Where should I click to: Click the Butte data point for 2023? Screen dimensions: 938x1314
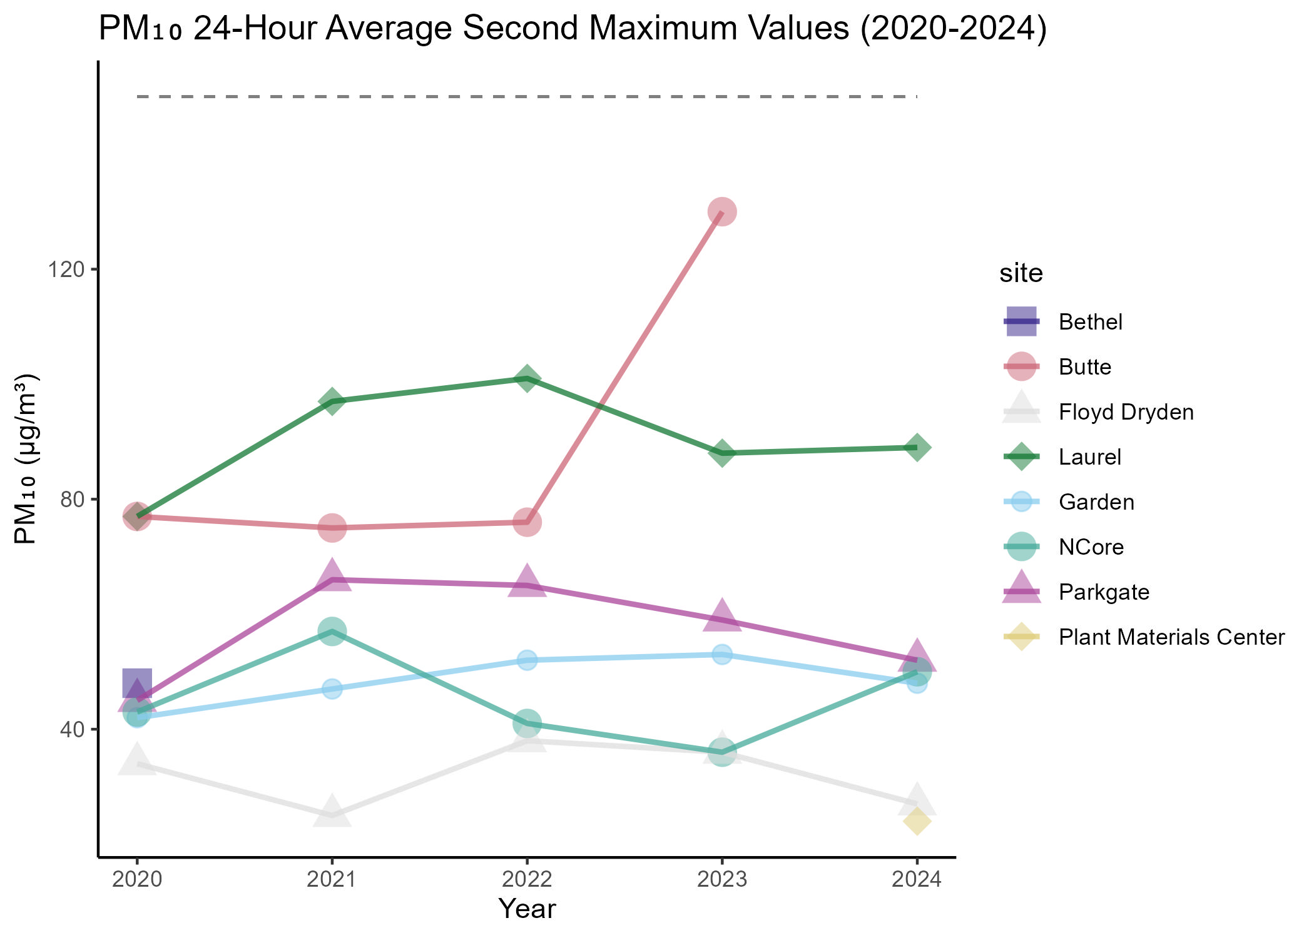coord(721,212)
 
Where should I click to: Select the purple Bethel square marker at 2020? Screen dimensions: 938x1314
coord(136,683)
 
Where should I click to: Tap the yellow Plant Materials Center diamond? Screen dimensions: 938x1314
coord(917,821)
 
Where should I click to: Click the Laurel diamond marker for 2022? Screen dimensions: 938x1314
coord(527,379)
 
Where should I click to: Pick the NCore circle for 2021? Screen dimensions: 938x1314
coord(332,632)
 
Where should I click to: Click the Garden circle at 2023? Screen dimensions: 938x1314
coord(721,655)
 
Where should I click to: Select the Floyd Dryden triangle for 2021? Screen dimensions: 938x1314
coord(332,812)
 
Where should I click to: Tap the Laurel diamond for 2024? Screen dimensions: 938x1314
coord(917,448)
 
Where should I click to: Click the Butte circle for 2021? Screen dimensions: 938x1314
coord(332,528)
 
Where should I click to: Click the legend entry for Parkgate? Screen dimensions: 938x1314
coord(1104,592)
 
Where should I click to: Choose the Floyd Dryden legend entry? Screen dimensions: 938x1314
coord(1126,412)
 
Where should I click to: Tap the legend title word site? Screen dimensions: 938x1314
coord(1021,273)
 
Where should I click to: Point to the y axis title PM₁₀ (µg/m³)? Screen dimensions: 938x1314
coord(26,459)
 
